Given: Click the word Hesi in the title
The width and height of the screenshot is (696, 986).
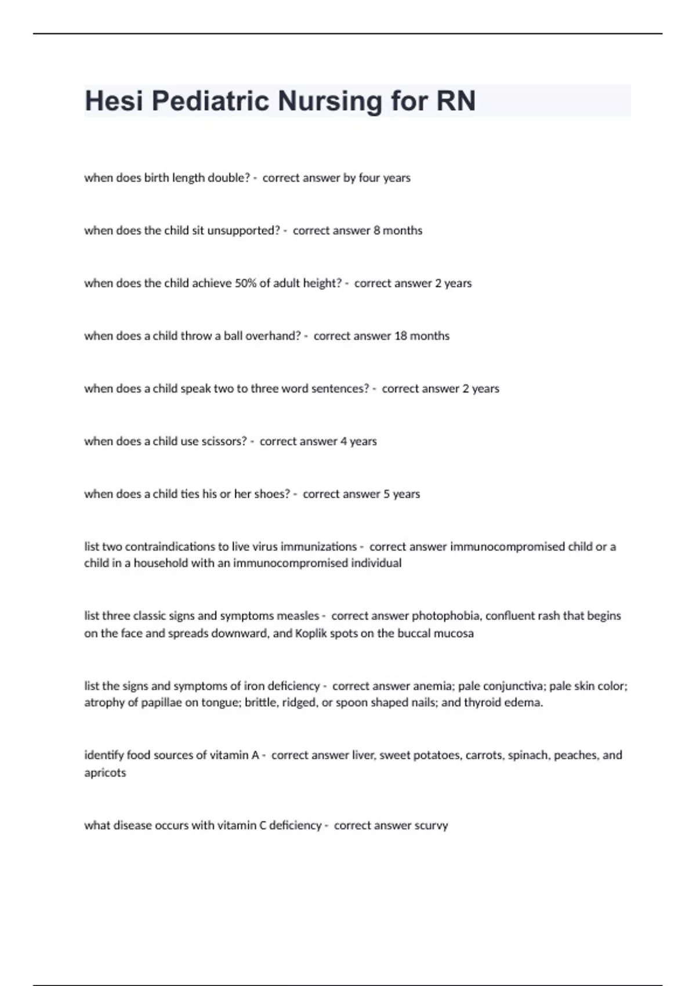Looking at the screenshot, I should [x=113, y=101].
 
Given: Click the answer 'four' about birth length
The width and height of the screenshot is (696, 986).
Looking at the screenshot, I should [x=369, y=178].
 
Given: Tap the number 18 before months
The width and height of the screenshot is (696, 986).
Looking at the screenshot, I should [x=401, y=336].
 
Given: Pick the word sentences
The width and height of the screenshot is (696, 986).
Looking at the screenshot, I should [x=340, y=389].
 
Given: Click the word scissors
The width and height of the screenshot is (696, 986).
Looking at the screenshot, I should [x=224, y=442].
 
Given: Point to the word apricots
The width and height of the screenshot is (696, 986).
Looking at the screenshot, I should [x=105, y=773].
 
